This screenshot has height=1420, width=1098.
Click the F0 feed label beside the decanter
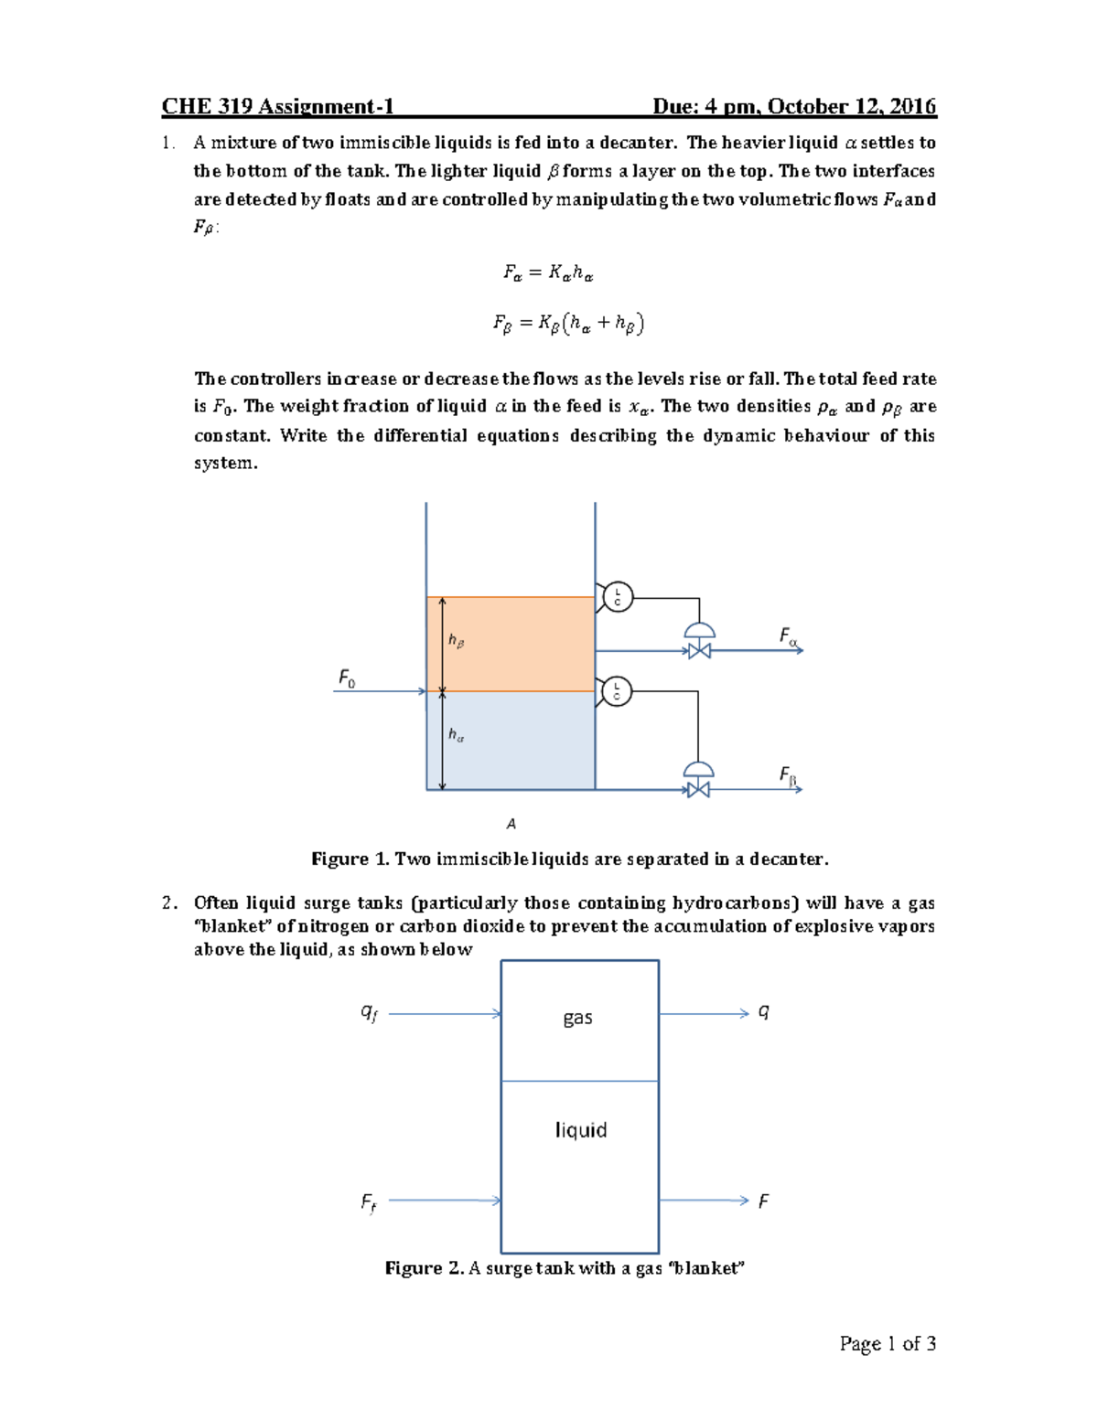click(347, 678)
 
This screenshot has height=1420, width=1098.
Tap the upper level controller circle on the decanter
click(618, 597)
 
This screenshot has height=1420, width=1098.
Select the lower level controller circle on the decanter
click(618, 691)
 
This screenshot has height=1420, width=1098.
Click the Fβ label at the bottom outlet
click(788, 776)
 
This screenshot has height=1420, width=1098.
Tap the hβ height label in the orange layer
click(456, 641)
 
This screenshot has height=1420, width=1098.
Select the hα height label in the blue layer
click(456, 734)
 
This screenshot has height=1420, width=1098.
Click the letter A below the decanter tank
click(511, 824)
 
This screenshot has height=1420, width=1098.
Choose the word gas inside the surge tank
click(578, 1018)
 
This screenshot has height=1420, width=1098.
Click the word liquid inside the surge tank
click(581, 1130)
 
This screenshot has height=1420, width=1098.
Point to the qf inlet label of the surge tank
click(369, 1012)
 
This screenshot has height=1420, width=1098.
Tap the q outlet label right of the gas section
click(764, 1011)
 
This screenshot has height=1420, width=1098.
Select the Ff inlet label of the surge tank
click(368, 1202)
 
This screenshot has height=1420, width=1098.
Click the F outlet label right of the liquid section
click(764, 1201)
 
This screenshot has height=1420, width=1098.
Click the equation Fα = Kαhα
click(549, 272)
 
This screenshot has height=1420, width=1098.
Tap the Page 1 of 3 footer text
click(888, 1343)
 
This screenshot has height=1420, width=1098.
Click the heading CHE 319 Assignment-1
click(277, 107)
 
